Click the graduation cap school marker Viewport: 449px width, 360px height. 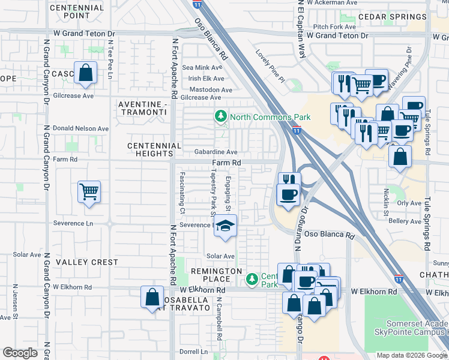coord(225,226)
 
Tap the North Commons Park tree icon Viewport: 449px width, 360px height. coord(221,116)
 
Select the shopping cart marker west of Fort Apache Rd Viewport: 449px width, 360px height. coord(89,193)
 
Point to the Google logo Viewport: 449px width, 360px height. coord(20,353)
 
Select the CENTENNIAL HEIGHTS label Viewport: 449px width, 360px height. coord(154,149)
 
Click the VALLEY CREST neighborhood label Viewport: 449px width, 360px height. coord(87,262)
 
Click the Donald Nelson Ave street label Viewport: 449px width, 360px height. coord(81,128)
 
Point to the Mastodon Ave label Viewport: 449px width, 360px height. coord(210,90)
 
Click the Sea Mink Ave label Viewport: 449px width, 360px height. coord(202,68)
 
